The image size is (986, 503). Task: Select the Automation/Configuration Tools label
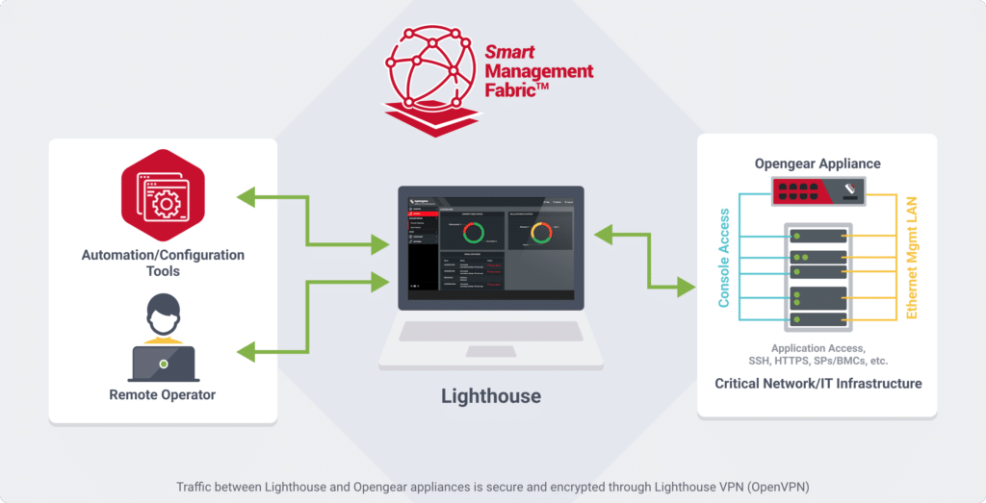(163, 263)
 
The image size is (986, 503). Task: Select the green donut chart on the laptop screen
(473, 233)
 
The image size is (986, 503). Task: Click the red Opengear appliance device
(816, 190)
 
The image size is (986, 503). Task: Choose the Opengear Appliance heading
(817, 163)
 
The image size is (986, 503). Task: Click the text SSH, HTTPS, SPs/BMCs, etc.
(817, 361)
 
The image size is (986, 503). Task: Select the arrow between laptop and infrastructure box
(646, 260)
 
